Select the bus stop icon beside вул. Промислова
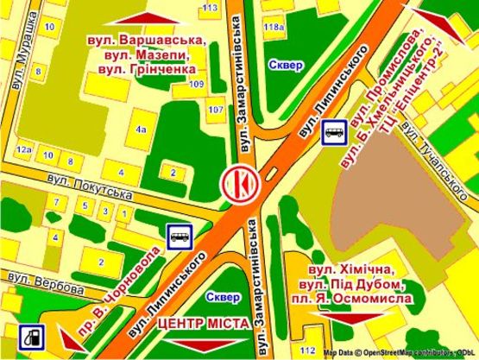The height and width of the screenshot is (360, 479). [335, 132]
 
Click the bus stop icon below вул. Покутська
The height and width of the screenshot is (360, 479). [179, 236]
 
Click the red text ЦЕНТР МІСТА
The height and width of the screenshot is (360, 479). [204, 323]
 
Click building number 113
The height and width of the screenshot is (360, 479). [209, 8]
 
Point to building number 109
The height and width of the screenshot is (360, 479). [196, 84]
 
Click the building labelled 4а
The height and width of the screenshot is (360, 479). [141, 129]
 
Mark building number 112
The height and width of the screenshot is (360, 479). [308, 350]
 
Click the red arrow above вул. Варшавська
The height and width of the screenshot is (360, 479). [144, 18]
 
